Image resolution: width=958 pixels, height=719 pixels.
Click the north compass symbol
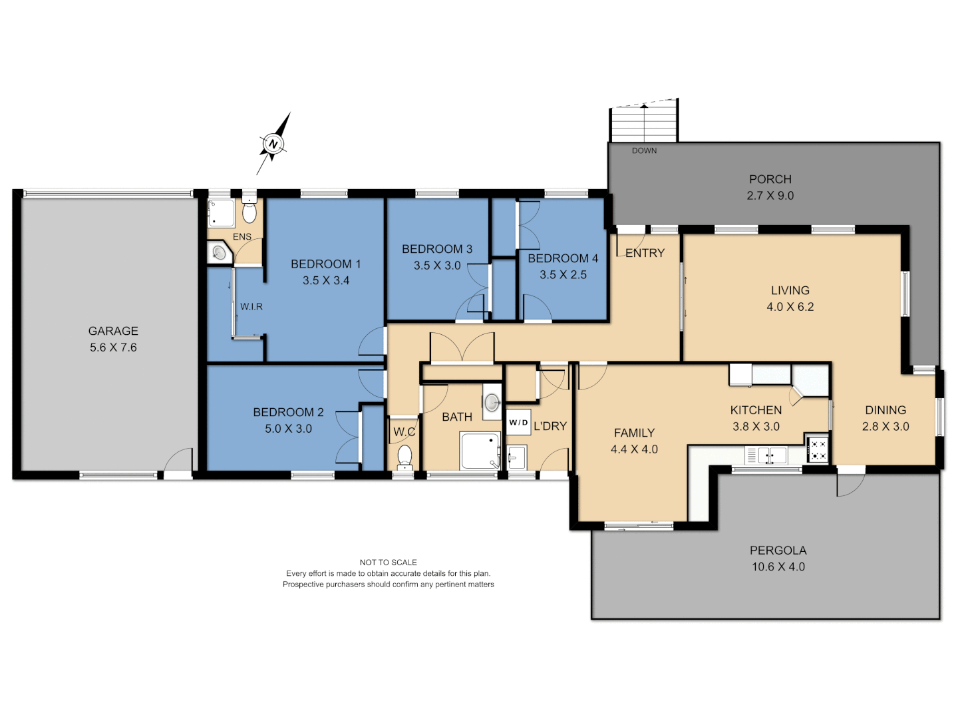coord(273,144)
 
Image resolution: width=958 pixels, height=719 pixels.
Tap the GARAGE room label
coord(113,331)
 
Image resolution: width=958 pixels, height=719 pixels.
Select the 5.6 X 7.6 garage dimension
coord(113,348)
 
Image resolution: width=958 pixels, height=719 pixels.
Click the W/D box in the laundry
coord(518,423)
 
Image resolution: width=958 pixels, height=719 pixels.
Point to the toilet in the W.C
coord(404,457)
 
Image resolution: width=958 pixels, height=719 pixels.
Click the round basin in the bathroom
coord(492,402)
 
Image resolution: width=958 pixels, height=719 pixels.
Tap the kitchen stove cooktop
coord(818,450)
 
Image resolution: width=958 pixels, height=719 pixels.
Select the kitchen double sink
coord(772,455)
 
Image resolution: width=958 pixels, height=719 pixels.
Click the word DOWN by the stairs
coord(644,151)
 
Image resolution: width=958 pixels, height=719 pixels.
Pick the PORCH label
coord(770,179)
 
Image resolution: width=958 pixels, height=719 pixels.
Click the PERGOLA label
coord(778,551)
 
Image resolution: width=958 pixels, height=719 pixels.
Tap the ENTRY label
coord(645,253)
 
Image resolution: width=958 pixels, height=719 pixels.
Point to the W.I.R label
coord(251,307)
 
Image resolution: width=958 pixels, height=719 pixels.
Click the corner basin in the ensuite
coord(218,252)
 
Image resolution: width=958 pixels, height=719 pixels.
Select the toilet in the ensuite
coord(249,212)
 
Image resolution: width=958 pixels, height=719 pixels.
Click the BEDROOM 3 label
coord(437,249)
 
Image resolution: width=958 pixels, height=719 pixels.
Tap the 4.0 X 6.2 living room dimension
coord(790,307)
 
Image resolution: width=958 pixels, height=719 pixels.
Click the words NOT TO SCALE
coord(388,563)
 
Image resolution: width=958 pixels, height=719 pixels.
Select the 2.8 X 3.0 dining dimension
coord(885,427)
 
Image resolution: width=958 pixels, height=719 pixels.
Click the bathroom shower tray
coord(480,451)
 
